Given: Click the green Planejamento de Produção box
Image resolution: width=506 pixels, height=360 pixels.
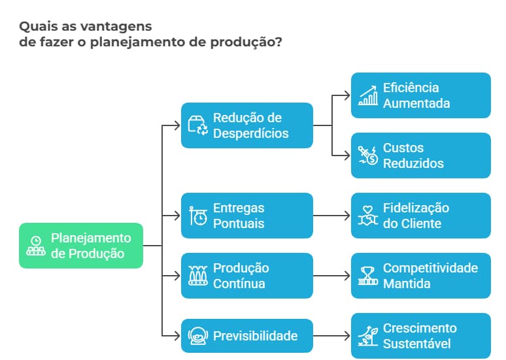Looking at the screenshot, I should [x=81, y=246].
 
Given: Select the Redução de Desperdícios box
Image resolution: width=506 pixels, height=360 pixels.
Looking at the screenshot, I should [x=246, y=125].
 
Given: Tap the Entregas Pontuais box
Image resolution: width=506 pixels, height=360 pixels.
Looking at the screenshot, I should [x=246, y=216].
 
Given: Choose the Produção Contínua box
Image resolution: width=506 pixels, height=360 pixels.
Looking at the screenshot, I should [x=246, y=276].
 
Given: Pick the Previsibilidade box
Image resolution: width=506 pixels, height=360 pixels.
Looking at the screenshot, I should [x=246, y=336].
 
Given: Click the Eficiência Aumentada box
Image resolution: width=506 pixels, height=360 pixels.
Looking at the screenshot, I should [x=420, y=95].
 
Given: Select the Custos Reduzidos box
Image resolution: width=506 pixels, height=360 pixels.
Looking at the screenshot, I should [x=420, y=155].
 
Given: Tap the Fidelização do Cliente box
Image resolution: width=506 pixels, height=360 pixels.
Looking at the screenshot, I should [x=420, y=216].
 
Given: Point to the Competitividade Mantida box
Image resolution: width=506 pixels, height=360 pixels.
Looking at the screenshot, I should [x=420, y=276].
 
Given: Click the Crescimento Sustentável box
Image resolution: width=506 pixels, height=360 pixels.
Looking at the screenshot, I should [x=420, y=336].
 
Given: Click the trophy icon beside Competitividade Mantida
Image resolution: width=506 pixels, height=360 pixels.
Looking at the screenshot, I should [x=368, y=276].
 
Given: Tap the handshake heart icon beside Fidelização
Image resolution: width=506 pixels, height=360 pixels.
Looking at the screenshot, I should [x=368, y=216].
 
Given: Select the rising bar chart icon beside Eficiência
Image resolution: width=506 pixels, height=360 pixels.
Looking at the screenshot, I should [x=368, y=96].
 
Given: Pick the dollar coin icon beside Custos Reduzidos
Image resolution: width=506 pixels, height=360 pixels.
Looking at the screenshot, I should [x=368, y=156].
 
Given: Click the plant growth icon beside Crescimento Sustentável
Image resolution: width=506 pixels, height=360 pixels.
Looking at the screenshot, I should [x=368, y=336].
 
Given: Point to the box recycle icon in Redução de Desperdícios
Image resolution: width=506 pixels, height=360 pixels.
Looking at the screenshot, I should [x=197, y=125].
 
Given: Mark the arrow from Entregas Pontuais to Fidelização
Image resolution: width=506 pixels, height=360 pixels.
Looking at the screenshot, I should [x=331, y=216].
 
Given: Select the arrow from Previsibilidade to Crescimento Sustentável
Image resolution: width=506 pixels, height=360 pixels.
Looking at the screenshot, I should [x=331, y=336].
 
